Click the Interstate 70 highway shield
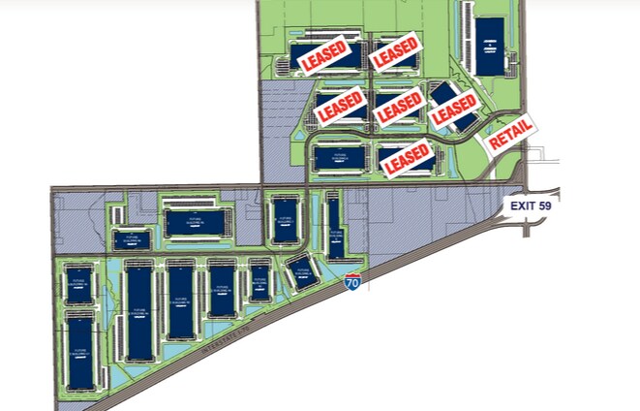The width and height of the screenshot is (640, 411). pyautogui.click(x=353, y=283)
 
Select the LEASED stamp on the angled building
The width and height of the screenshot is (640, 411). pyautogui.click(x=454, y=111)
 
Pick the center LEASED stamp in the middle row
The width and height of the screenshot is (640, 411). pyautogui.click(x=400, y=107)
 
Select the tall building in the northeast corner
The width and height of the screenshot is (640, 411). pyautogui.click(x=491, y=46)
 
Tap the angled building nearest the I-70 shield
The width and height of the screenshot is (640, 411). pyautogui.click(x=301, y=272)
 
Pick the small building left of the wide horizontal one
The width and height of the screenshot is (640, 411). pyautogui.click(x=131, y=239)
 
